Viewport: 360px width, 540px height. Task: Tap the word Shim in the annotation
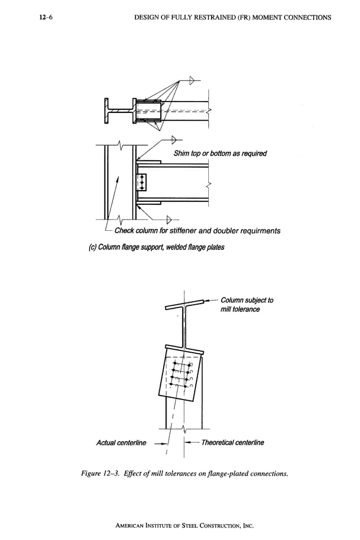click(x=183, y=153)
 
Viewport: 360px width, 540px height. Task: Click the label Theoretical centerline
click(x=232, y=442)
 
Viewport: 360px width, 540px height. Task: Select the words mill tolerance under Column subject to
click(x=240, y=309)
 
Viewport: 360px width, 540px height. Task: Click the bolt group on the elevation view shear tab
click(x=142, y=182)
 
